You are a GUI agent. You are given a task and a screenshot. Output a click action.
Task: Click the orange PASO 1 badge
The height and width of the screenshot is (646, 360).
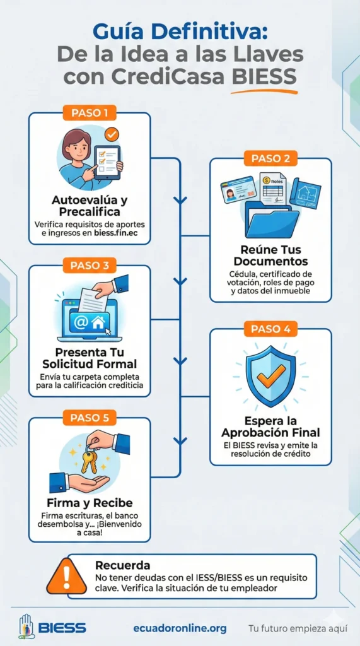[90, 113]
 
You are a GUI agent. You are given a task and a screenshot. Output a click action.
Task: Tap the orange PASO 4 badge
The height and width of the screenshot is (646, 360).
[270, 329]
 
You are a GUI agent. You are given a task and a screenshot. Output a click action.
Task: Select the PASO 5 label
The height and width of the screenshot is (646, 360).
[90, 418]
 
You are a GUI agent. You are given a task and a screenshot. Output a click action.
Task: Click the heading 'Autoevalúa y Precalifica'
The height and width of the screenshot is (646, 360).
[90, 206]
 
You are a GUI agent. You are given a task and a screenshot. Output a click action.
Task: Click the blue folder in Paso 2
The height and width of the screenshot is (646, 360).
[272, 218]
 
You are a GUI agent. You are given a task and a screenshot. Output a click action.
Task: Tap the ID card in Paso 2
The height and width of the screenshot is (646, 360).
[238, 189]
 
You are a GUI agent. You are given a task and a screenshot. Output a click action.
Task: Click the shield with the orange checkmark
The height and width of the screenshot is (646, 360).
[270, 376]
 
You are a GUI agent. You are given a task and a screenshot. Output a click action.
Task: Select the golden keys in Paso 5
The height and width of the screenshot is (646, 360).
[89, 460]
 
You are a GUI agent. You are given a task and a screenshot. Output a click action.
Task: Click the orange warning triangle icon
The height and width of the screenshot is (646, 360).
[66, 576]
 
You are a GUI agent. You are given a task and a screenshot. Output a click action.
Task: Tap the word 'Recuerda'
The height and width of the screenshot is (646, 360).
[122, 565]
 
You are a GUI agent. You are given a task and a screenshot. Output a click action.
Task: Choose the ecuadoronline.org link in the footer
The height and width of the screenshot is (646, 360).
[180, 628]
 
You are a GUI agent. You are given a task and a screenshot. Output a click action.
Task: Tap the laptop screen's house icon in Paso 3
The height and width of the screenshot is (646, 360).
[98, 322]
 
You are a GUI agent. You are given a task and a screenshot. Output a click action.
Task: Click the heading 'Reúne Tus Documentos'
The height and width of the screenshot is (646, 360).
[270, 255]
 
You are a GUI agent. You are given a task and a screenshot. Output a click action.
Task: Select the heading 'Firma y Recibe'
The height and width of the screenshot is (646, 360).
[90, 503]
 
